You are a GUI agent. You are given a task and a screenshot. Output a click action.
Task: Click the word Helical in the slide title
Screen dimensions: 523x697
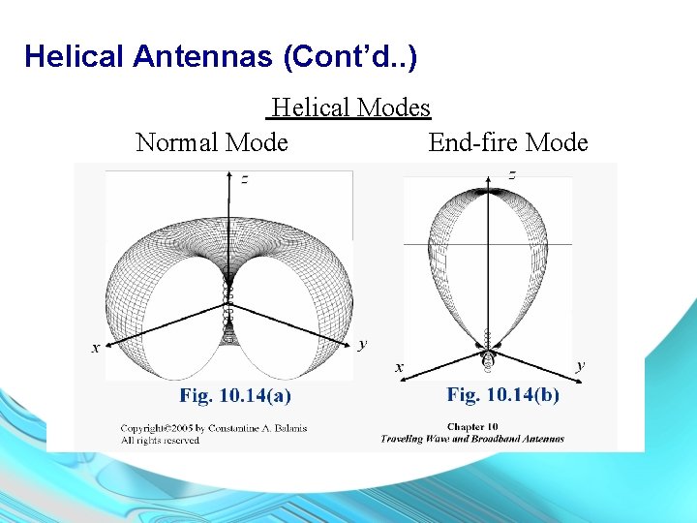(x=75, y=57)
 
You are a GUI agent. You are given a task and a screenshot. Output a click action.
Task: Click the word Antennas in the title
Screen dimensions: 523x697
(x=202, y=57)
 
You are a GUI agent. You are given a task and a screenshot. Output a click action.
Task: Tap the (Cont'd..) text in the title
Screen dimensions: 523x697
(x=350, y=57)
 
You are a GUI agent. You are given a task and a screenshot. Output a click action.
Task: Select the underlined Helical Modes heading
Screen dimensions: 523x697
(x=350, y=107)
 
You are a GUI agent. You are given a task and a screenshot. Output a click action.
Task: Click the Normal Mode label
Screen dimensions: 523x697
(x=212, y=142)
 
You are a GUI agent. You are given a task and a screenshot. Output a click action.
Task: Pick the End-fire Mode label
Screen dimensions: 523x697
(x=507, y=142)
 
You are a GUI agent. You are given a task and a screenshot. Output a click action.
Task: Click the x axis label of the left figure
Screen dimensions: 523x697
(x=95, y=347)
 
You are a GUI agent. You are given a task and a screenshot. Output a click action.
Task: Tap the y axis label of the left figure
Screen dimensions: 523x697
(x=362, y=343)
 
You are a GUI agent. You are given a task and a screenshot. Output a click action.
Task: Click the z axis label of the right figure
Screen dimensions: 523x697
(x=511, y=175)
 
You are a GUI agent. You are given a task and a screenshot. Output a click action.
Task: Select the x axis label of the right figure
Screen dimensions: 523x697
(x=398, y=367)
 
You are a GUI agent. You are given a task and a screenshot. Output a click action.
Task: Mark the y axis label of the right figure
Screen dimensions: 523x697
(x=580, y=365)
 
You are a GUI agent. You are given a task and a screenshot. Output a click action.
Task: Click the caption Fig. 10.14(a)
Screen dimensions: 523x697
(x=235, y=395)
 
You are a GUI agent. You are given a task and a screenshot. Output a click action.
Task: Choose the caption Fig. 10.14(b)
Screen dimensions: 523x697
(x=502, y=394)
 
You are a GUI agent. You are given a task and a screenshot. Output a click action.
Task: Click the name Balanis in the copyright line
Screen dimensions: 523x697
(x=287, y=428)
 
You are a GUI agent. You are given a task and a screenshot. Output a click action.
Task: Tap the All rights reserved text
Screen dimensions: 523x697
(x=160, y=440)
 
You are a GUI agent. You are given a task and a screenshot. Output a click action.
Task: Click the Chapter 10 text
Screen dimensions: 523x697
(x=471, y=426)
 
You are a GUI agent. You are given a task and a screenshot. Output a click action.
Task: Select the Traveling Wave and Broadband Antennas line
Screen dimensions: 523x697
(x=471, y=439)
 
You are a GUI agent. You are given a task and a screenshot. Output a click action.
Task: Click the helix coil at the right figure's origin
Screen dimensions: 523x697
(x=487, y=354)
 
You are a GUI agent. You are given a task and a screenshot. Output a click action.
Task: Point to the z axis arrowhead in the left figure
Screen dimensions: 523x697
(x=228, y=176)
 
